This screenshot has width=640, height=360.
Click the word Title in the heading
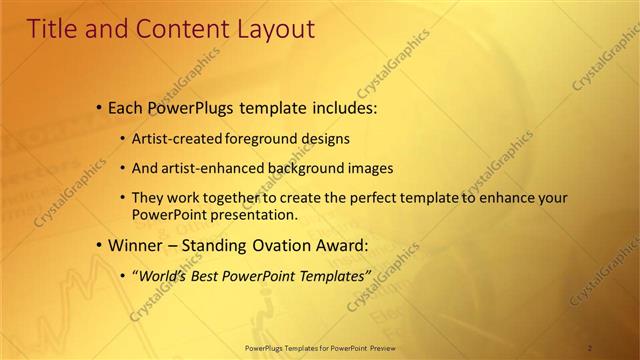[52, 29]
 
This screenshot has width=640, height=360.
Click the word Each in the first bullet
[127, 107]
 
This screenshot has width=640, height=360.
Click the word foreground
[260, 138]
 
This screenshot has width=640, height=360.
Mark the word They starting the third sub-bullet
[149, 198]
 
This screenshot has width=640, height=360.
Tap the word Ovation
[269, 244]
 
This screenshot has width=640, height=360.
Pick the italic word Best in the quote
[209, 275]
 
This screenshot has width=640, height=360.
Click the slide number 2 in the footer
[590, 348]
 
